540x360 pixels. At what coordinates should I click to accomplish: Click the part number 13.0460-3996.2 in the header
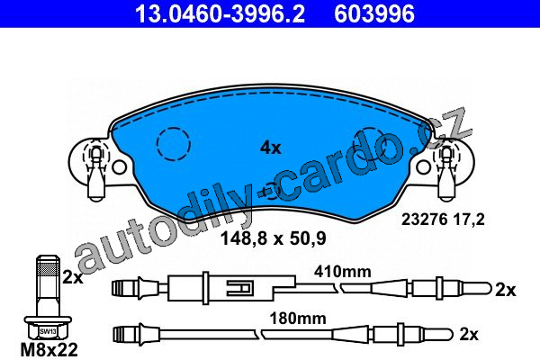point(220,14)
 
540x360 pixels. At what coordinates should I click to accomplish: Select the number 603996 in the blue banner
point(374,14)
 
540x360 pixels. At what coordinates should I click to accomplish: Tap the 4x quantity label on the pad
point(270,148)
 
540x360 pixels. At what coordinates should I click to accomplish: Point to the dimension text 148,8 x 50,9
point(273,238)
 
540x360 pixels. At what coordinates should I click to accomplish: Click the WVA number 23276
point(424,219)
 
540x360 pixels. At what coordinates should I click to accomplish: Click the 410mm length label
point(342,272)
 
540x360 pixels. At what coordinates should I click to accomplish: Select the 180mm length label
point(298,319)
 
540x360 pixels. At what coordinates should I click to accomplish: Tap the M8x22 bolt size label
point(49,350)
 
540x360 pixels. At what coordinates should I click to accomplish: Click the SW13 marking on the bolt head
point(48,332)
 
